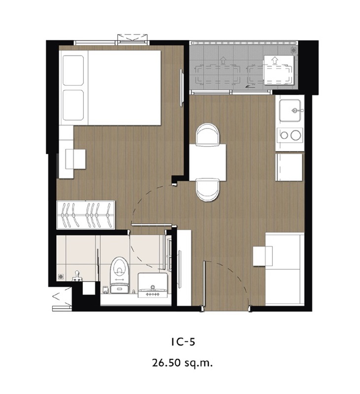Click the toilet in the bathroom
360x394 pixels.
point(120,275)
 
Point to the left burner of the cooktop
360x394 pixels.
point(284,135)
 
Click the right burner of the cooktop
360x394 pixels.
point(295,135)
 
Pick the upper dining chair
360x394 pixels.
point(207,134)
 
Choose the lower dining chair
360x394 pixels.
point(207,190)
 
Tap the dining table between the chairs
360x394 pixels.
point(207,163)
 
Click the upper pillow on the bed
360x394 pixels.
point(73,70)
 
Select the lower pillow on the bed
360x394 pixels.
point(73,105)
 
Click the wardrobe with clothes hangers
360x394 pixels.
point(86,215)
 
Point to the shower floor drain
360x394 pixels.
point(60,276)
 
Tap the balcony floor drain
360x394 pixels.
point(293,50)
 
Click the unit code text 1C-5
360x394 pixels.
point(183,342)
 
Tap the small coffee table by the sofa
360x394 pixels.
point(263,256)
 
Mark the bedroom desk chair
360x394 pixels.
point(76,159)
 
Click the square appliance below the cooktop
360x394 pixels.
point(289,167)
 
